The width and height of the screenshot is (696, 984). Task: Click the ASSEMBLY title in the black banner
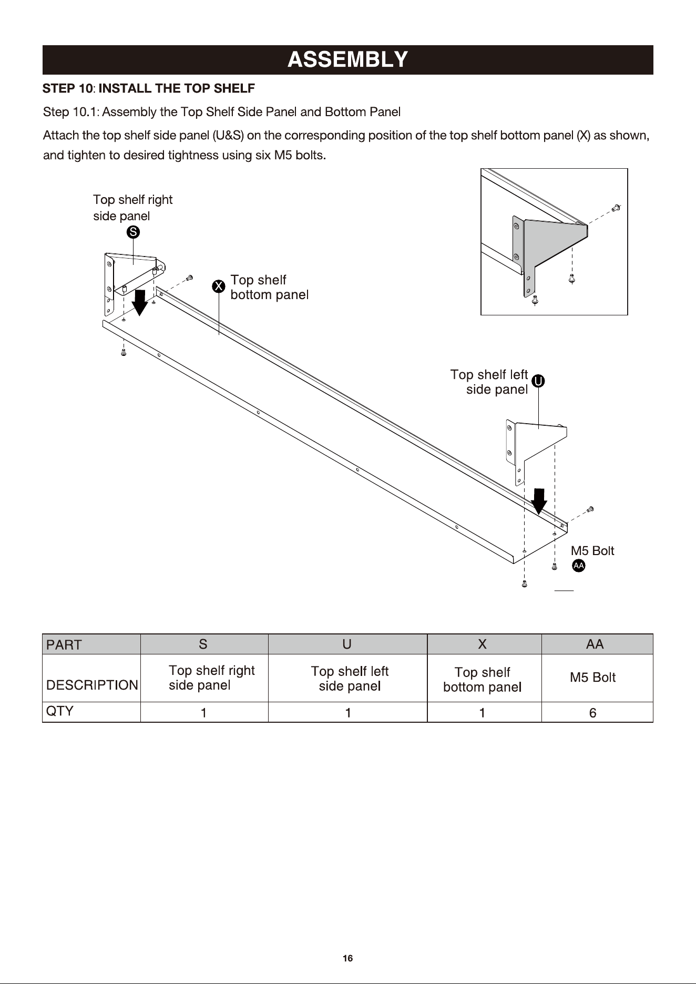(x=347, y=59)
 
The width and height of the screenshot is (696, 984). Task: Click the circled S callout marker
(x=134, y=232)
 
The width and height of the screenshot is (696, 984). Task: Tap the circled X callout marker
(x=219, y=286)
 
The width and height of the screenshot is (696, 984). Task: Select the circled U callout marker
(x=538, y=381)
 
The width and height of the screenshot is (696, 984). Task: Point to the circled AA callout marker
(x=578, y=566)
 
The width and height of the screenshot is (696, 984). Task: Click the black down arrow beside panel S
(x=139, y=302)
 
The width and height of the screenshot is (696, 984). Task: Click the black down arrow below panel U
(x=539, y=501)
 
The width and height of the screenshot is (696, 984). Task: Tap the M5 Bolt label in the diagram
(x=592, y=551)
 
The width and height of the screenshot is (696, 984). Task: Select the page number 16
(x=347, y=958)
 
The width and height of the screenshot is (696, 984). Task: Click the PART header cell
(x=91, y=644)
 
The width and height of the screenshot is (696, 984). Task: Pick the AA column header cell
(x=597, y=644)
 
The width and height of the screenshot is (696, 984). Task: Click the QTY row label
(x=60, y=711)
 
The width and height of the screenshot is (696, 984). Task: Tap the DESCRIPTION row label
(x=92, y=685)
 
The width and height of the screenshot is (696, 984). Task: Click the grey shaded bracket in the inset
(x=552, y=242)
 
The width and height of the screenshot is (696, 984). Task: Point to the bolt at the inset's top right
(x=617, y=208)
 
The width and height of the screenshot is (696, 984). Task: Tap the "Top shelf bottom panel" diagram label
(x=269, y=287)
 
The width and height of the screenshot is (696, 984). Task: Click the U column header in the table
(x=347, y=644)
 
